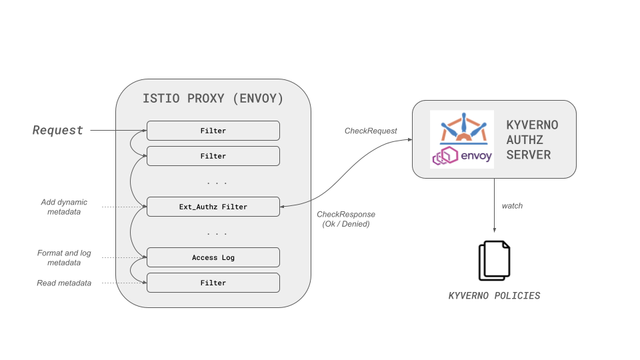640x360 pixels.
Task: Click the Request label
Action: [x=58, y=130]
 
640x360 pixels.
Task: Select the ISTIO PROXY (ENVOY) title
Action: [x=213, y=99]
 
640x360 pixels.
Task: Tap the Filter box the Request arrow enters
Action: [x=213, y=131]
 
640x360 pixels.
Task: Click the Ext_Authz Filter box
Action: [x=213, y=207]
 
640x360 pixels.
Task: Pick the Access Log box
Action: [x=213, y=257]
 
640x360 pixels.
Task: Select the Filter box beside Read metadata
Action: [x=213, y=283]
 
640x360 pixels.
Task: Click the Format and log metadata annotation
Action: [x=64, y=258]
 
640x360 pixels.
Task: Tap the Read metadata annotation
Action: [x=64, y=283]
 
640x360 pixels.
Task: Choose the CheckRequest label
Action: [x=371, y=131]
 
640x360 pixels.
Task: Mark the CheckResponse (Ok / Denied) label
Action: [x=346, y=219]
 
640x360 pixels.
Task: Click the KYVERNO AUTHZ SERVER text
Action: [x=532, y=139]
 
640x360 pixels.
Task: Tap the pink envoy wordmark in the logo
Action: [x=476, y=157]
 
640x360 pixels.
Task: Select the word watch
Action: [x=512, y=205]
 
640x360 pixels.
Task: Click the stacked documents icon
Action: [x=494, y=261]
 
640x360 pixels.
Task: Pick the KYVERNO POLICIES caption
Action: [x=494, y=295]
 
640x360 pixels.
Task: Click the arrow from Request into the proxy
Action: [x=118, y=130]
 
